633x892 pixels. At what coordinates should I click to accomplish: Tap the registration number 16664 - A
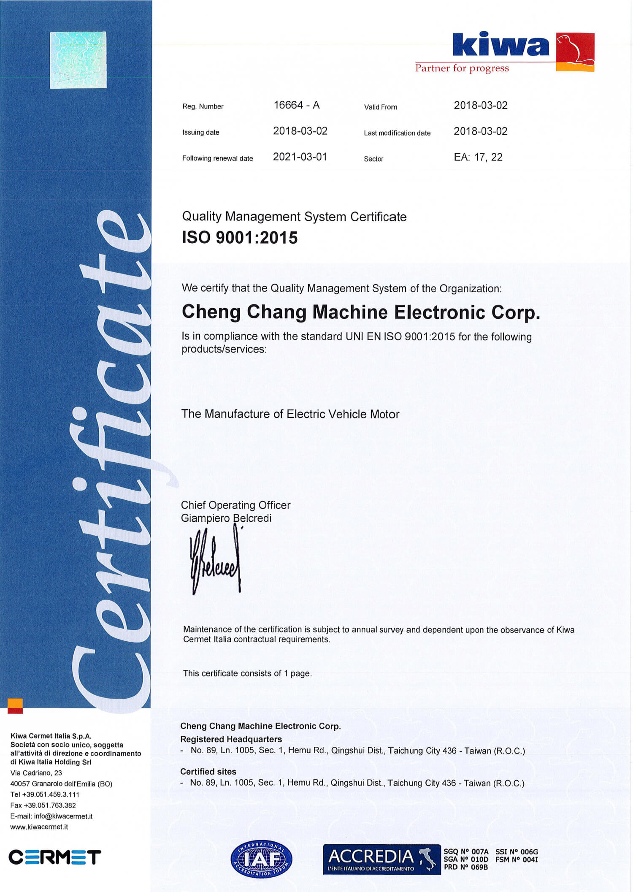(x=296, y=105)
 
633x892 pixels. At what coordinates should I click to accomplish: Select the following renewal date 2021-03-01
(x=300, y=157)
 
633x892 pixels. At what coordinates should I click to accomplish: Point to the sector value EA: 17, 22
(x=478, y=157)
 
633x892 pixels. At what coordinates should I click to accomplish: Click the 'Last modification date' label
(x=397, y=133)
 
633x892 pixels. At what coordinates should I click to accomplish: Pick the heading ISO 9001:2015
(x=240, y=238)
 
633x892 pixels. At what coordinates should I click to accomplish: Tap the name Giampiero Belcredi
(x=226, y=518)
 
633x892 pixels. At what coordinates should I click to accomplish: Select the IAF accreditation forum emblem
(x=261, y=859)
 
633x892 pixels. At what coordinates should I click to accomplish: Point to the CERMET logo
(x=54, y=857)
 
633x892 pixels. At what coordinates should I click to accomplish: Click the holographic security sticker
(x=78, y=60)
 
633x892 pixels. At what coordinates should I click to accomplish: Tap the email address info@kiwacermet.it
(x=63, y=816)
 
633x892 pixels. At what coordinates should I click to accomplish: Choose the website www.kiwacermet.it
(x=39, y=827)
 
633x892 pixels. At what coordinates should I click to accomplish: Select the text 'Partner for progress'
(x=462, y=68)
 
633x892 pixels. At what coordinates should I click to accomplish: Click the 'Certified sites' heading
(x=208, y=771)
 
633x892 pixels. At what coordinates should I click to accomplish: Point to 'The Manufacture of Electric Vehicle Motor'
(x=290, y=414)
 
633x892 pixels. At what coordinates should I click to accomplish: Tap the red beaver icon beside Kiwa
(x=575, y=52)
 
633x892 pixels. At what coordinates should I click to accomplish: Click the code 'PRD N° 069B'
(x=465, y=867)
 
